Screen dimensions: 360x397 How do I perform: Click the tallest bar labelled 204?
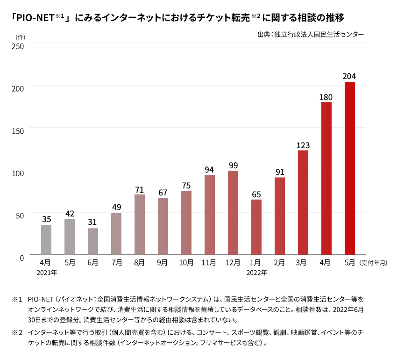[349, 168]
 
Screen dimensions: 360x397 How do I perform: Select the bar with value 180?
[326, 178]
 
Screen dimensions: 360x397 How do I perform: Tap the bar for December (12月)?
[233, 213]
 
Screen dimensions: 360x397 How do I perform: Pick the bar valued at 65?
[256, 227]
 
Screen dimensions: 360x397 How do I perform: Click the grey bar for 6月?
[93, 241]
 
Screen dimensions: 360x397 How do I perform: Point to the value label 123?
[303, 145]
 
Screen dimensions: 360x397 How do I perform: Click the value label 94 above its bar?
[210, 170]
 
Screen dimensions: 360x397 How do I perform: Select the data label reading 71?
[140, 189]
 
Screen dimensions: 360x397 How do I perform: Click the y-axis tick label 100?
[18, 173]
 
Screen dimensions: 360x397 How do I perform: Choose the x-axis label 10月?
[186, 263]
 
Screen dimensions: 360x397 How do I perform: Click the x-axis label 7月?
[116, 263]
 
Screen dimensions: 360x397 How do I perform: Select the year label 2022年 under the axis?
[257, 273]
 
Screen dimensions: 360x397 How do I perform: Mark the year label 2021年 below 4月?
[47, 273]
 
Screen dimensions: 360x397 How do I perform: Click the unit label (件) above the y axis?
[20, 36]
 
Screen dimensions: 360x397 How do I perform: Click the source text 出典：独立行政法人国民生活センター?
[310, 34]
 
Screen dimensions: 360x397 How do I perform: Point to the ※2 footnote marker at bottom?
[17, 332]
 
